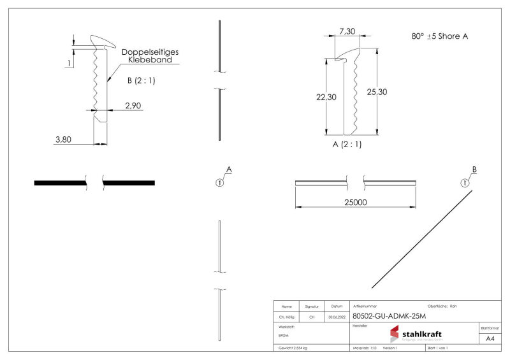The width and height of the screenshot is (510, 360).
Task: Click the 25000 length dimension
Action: pos(354,201)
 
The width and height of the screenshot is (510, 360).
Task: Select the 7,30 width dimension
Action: pos(347,31)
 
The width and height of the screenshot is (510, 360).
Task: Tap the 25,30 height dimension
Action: pos(377,92)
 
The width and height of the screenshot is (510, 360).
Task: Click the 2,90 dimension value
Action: pos(133,105)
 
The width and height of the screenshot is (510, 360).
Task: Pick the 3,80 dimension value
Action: pos(62,140)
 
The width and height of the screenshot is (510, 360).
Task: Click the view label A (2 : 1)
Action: pos(347,144)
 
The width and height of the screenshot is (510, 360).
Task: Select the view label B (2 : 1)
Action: pos(141,80)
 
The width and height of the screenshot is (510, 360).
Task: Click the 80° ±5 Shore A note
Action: pos(440,36)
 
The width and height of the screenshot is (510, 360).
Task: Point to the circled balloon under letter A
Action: pos(219,182)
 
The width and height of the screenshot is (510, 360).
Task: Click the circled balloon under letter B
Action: pos(465,182)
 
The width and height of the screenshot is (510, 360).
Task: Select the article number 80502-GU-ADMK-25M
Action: pos(389,316)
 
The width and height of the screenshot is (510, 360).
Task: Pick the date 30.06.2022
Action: pos(337,317)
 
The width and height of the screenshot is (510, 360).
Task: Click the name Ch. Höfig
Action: pos(286,317)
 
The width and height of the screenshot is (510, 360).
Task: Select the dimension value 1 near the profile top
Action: pos(68,62)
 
